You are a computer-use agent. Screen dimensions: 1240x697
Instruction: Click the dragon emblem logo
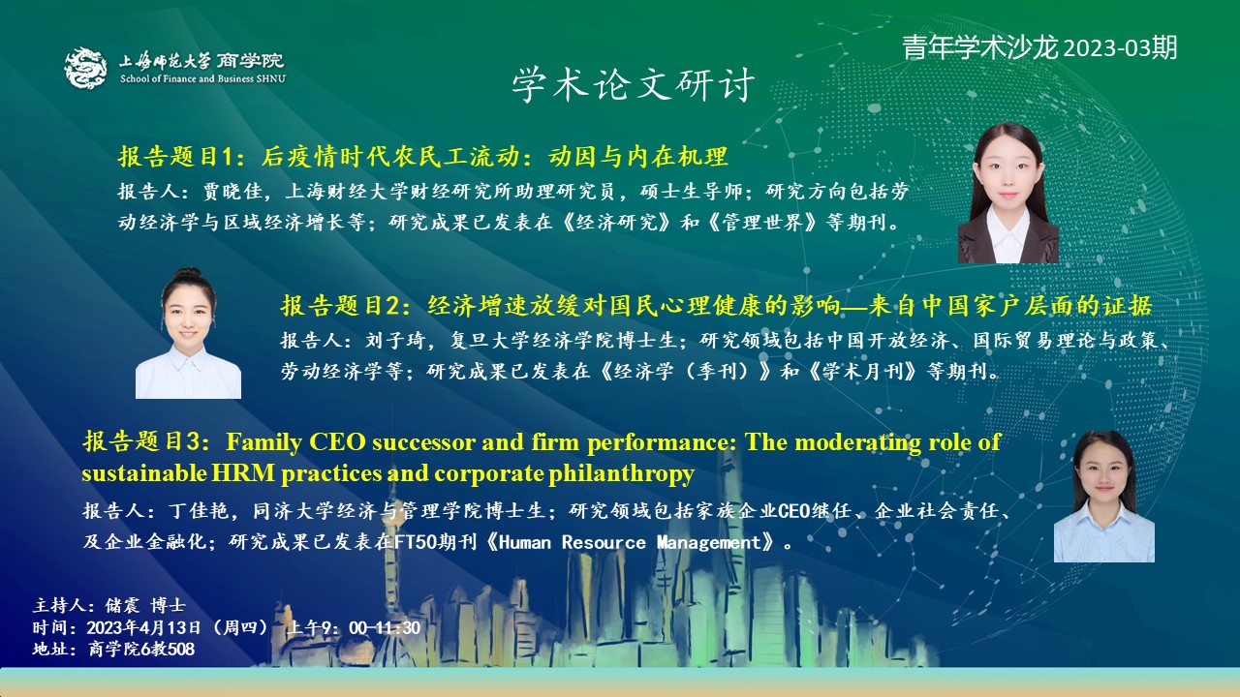point(86,68)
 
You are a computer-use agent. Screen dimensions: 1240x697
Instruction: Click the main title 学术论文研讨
point(633,84)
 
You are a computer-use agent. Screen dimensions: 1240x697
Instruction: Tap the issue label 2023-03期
point(1121,48)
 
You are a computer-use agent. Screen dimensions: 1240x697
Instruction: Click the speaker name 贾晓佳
point(232,192)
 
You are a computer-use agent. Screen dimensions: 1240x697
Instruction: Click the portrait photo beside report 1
point(1008,193)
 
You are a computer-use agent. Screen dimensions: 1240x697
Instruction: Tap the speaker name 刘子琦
point(395,340)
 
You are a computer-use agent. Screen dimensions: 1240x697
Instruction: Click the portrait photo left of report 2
point(188,333)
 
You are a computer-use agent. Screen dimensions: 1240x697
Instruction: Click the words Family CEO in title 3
point(296,442)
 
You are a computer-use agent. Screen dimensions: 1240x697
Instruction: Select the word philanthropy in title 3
point(622,474)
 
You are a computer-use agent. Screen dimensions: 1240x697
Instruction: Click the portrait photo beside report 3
point(1103,497)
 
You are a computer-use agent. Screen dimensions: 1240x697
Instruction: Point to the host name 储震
point(122,605)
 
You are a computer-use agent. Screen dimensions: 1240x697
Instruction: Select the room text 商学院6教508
point(141,649)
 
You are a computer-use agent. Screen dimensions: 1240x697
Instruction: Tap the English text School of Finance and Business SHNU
point(203,79)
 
